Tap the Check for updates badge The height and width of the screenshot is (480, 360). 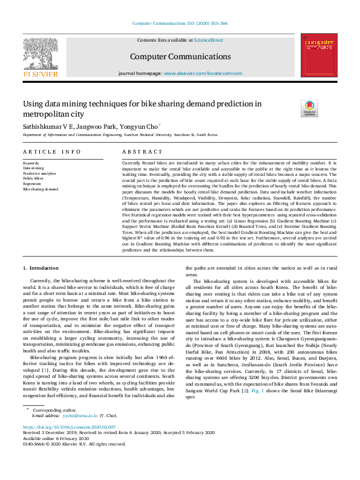(309, 108)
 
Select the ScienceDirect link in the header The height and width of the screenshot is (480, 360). (208, 40)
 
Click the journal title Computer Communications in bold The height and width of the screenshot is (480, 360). (180, 57)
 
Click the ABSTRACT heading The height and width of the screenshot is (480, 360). (142, 152)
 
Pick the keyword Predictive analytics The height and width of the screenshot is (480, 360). (40, 174)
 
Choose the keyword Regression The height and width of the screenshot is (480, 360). (33, 184)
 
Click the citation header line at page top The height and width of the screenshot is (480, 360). (180, 24)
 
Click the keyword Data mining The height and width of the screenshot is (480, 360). (34, 168)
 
